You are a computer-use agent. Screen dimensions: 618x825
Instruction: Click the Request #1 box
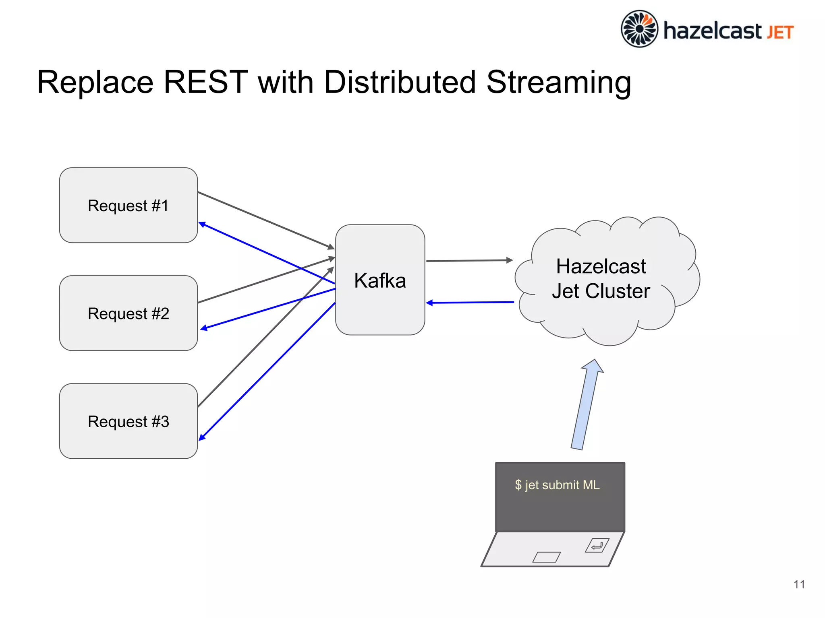tap(128, 205)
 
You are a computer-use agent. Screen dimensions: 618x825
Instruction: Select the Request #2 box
tap(128, 313)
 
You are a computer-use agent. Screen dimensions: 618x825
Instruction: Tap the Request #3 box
tap(128, 421)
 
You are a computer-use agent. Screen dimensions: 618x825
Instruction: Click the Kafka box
tap(380, 280)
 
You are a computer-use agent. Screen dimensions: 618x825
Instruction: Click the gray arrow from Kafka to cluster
tap(469, 261)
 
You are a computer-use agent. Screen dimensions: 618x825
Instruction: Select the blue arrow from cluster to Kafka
tap(470, 302)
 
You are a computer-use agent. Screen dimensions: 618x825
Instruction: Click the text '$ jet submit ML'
tap(557, 485)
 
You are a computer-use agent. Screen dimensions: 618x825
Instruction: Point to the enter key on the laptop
tap(597, 546)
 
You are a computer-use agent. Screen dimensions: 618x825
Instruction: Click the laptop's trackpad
tap(546, 557)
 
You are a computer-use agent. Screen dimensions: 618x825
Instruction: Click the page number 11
tap(799, 584)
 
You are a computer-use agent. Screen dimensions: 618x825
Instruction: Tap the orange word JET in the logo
tap(780, 33)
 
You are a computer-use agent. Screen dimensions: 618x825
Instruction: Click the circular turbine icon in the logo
tap(639, 29)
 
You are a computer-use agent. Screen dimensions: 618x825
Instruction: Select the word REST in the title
tap(205, 82)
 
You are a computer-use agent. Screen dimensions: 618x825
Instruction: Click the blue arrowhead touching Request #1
tap(203, 224)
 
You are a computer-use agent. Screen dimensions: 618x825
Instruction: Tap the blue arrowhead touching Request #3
tap(202, 437)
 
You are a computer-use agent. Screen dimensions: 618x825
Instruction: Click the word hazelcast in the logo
tap(712, 31)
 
